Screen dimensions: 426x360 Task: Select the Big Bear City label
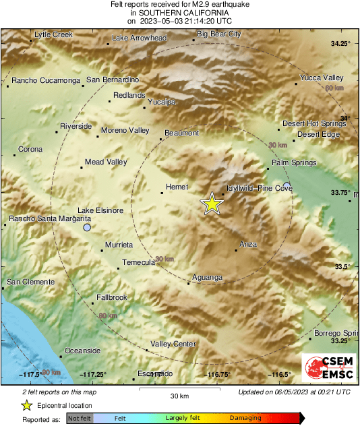pos(218,34)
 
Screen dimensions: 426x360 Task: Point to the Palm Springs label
pos(289,163)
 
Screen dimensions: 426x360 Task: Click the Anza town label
pos(248,244)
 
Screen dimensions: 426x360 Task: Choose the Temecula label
pos(139,262)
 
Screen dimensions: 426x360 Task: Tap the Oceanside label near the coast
pos(82,351)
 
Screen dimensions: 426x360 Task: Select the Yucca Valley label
pos(322,78)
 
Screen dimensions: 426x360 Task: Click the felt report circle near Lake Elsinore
pos(86,229)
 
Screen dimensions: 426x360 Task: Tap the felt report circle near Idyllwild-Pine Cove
pos(287,185)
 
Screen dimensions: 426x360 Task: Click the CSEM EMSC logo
pos(328,367)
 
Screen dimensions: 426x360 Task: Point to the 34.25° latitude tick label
pos(340,44)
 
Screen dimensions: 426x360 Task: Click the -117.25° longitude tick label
pos(93,374)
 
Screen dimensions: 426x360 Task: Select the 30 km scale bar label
pos(179,396)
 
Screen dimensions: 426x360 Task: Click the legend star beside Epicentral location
pos(26,405)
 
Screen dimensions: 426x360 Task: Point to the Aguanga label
pos(207,277)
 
